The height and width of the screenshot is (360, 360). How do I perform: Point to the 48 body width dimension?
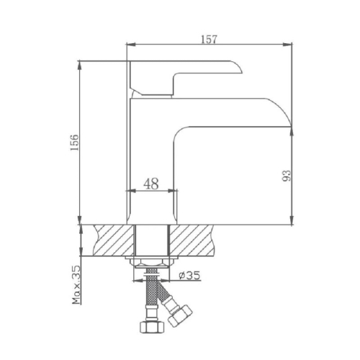coord(151,183)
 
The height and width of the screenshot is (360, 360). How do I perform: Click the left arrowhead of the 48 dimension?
coord(130,191)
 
